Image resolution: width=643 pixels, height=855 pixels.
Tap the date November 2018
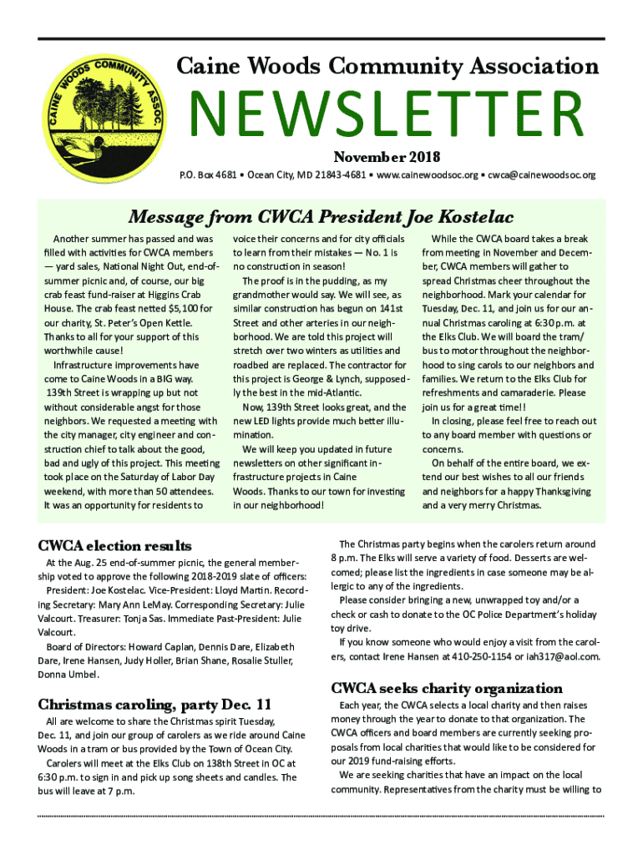tap(387, 157)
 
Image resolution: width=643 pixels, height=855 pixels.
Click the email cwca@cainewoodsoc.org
tap(542, 175)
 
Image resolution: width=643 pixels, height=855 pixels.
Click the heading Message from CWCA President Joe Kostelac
tap(321, 219)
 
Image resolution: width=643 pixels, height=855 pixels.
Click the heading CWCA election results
tap(115, 546)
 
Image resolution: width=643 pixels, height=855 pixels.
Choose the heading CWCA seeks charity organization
tap(447, 689)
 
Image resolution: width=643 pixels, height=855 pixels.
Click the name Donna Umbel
tap(67, 674)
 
